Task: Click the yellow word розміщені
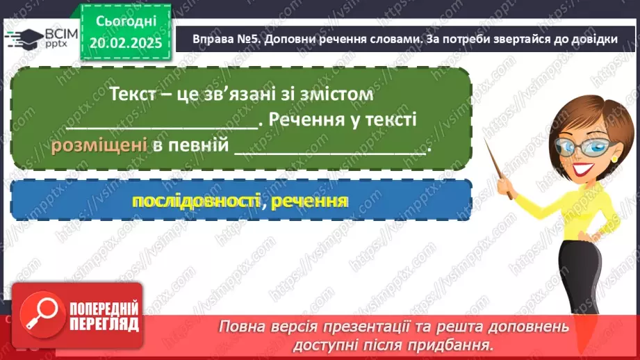tap(98, 146)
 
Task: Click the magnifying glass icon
tap(40, 313)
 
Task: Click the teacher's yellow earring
tap(614, 159)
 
